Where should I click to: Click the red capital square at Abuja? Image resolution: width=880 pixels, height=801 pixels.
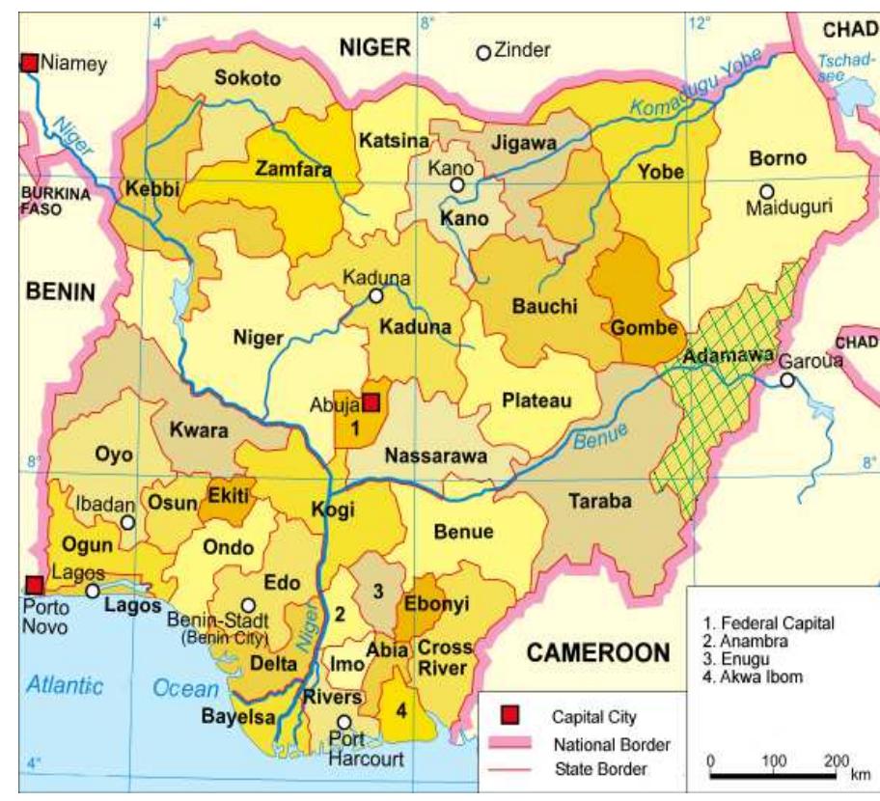point(371,402)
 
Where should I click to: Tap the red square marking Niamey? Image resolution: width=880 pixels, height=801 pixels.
point(30,64)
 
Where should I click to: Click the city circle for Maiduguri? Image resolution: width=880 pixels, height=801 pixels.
point(767,191)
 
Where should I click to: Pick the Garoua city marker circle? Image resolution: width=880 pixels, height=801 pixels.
point(787,380)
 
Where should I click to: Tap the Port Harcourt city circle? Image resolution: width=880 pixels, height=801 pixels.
point(344,722)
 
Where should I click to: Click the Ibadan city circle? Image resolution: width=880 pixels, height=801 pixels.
point(127,522)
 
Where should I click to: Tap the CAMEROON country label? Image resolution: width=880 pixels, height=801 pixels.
point(596,653)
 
